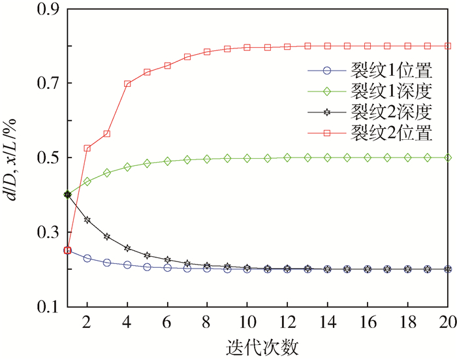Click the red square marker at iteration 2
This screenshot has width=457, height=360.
(87, 148)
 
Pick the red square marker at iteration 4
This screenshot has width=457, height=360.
(127, 84)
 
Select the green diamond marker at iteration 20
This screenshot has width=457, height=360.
(448, 157)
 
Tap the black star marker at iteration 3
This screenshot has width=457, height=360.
(107, 237)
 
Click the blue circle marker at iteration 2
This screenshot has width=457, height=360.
(87, 258)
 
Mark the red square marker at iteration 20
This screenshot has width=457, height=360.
(448, 46)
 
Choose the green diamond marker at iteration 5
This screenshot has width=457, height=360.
(148, 163)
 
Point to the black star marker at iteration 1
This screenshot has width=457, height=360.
(67, 195)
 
